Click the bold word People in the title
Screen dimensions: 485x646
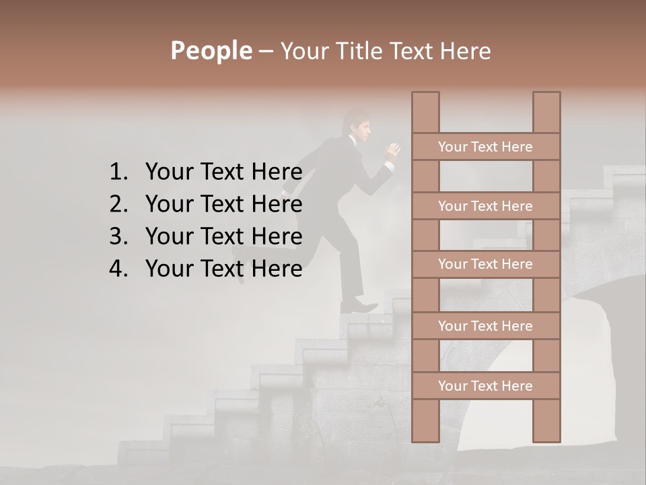coord(211,51)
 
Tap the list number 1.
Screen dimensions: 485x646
coord(118,172)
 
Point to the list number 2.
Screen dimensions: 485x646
coord(118,204)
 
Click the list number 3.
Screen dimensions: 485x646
coord(118,236)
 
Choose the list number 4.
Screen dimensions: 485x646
coord(118,269)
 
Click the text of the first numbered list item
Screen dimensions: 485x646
coord(223,172)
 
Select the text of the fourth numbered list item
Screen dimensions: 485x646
coord(223,269)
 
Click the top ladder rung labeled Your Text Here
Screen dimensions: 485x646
coord(485,147)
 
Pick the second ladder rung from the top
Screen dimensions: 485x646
coord(485,206)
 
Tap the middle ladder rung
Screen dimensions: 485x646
coord(485,264)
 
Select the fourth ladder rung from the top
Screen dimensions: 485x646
coord(485,326)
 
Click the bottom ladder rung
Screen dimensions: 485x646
coord(485,386)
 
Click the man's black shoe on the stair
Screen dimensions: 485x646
coord(360,307)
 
